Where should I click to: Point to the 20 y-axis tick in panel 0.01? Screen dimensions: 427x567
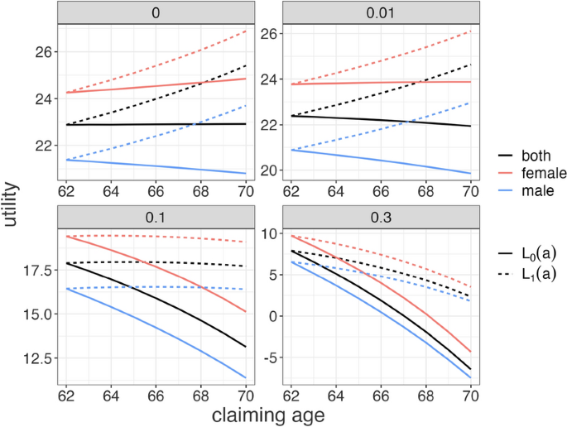tap(255, 170)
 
